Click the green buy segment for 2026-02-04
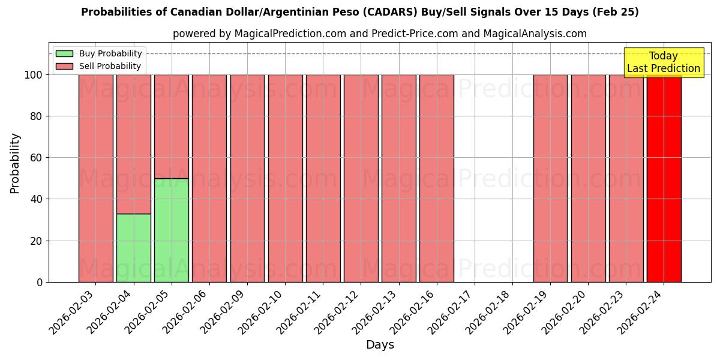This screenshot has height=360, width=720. pyautogui.click(x=133, y=248)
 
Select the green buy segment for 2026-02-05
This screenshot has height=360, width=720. pyautogui.click(x=171, y=230)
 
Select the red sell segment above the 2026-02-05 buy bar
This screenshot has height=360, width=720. pyautogui.click(x=171, y=126)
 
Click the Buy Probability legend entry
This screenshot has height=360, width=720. pyautogui.click(x=100, y=54)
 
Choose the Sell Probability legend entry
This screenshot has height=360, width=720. pyautogui.click(x=100, y=66)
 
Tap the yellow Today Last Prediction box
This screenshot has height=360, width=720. pyautogui.click(x=663, y=62)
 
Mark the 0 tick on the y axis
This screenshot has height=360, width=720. pyautogui.click(x=40, y=282)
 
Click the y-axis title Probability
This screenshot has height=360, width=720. pyautogui.click(x=16, y=163)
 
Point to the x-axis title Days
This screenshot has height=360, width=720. pyautogui.click(x=380, y=345)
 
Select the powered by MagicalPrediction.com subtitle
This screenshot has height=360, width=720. pyautogui.click(x=379, y=34)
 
